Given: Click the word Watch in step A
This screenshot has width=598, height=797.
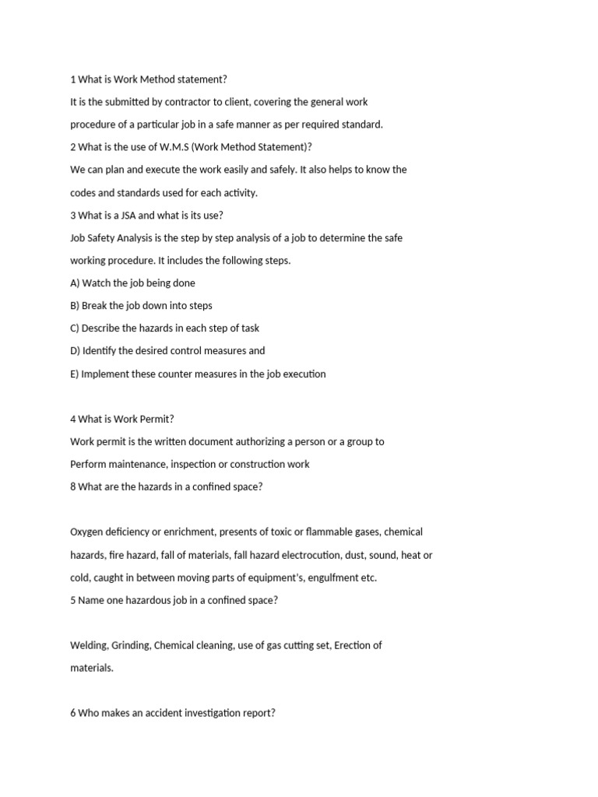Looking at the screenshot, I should [97, 283].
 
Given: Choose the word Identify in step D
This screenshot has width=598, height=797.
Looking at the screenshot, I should [100, 351].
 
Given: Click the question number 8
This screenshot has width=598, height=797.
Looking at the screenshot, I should [73, 486].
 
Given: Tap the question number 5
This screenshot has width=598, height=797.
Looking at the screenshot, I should [73, 600].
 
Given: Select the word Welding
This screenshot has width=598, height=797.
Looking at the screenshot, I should [88, 645].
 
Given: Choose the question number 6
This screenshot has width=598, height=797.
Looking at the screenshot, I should [73, 713].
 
